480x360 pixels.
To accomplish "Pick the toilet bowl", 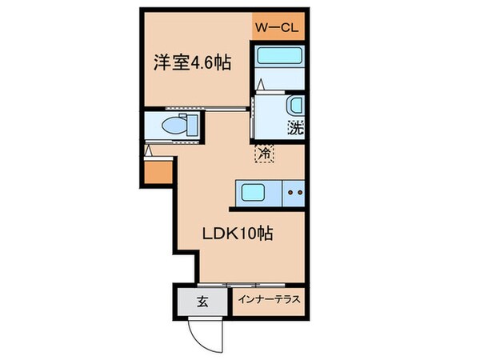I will coord(172,125).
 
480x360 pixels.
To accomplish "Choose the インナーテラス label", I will coord(269,302).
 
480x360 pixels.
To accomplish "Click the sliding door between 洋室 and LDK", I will coord(216,108).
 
